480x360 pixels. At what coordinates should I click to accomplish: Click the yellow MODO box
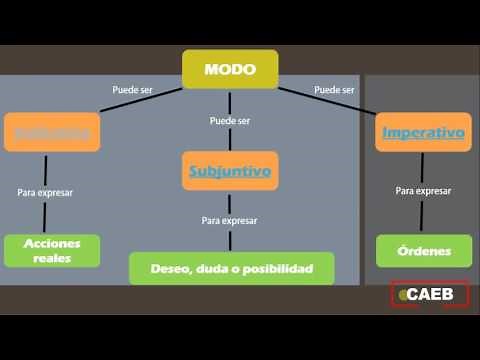click(230, 69)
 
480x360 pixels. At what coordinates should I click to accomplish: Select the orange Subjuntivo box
click(230, 171)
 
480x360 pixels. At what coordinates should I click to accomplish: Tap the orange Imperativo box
click(423, 132)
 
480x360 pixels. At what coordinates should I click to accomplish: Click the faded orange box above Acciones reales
click(52, 132)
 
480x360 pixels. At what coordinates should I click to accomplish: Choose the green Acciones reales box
click(52, 250)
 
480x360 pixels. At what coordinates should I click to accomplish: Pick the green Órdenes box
click(423, 251)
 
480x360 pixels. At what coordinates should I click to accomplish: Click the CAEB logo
click(429, 295)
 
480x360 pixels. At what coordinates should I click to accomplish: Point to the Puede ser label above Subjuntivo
click(230, 121)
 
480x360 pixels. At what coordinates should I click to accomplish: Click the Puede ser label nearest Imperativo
click(334, 90)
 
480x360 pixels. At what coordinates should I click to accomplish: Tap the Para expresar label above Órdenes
click(423, 190)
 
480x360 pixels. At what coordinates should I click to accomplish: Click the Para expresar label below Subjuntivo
click(230, 220)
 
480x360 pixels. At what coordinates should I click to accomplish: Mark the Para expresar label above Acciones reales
click(45, 192)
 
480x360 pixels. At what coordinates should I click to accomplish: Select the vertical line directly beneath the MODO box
click(230, 100)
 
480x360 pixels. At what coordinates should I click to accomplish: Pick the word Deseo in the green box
click(168, 269)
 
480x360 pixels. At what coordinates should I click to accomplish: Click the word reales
click(52, 258)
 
